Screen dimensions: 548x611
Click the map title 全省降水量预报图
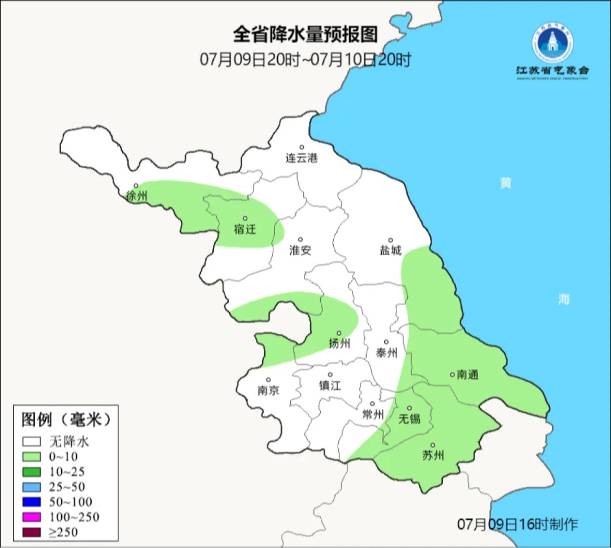305,34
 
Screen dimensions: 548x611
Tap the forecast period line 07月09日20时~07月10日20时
305,59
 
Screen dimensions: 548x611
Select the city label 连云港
302,158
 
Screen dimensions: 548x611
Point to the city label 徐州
136,197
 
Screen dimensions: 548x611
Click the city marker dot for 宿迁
245,218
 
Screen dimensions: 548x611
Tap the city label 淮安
300,251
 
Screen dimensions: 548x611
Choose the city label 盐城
390,251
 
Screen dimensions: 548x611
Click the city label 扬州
339,344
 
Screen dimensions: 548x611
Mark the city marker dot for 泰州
386,342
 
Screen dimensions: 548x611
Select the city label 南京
268,390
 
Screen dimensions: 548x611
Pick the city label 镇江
330,386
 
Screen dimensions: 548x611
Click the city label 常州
373,415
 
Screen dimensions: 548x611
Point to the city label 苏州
433,456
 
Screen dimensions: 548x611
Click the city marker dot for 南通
452,374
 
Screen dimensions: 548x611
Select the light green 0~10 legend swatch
32,456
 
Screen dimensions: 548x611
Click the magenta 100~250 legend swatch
32,517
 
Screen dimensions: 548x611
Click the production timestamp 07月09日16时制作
518,524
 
